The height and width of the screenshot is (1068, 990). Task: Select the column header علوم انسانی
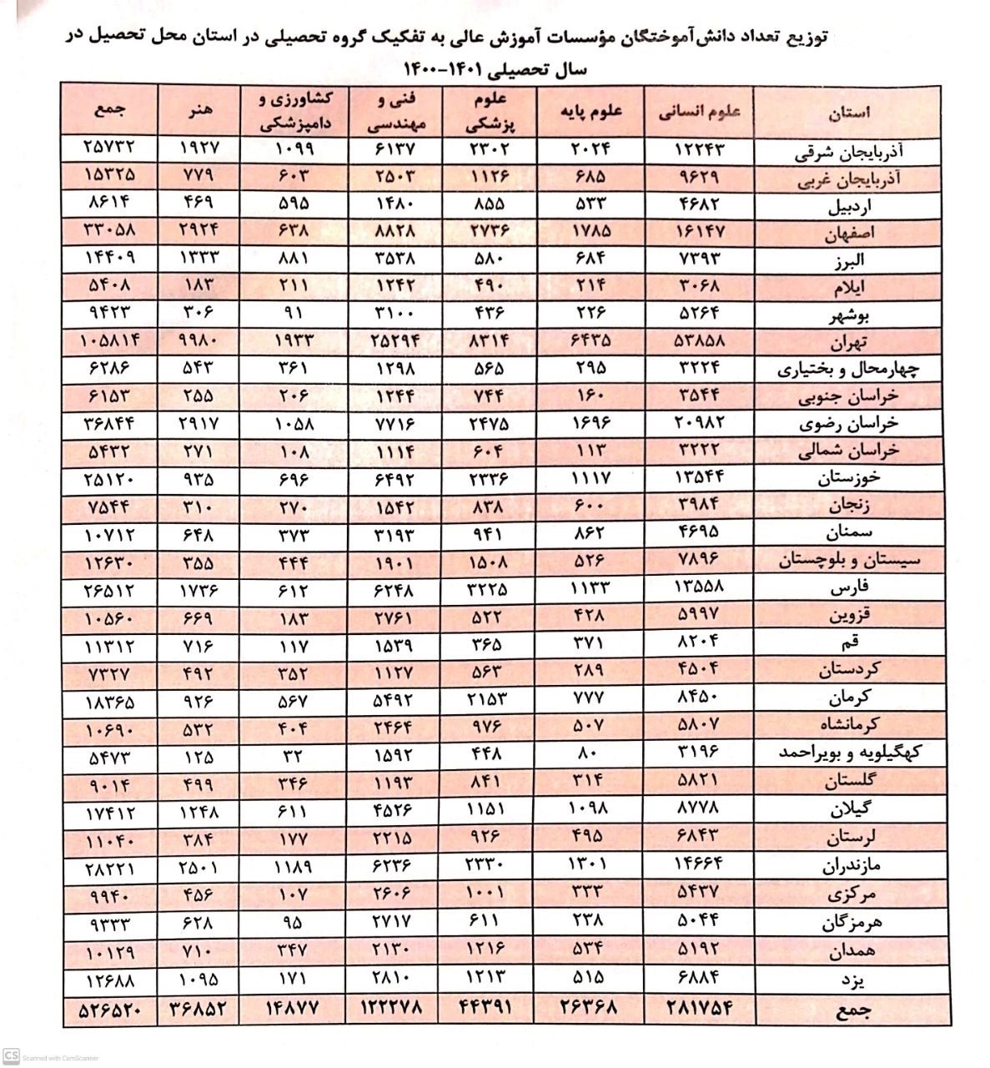[700, 113]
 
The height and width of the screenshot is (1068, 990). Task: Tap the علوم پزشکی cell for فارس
[485, 587]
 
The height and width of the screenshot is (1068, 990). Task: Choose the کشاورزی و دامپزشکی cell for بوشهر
[294, 314]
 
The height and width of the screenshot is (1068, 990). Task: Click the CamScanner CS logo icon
[12, 1056]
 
